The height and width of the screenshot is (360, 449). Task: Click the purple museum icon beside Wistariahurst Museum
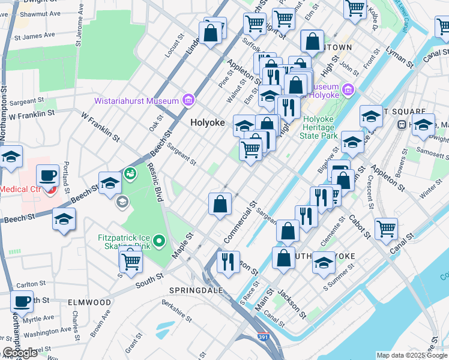188,100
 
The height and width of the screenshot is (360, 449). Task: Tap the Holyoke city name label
207,122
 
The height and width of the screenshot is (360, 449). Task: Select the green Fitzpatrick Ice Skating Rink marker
159,241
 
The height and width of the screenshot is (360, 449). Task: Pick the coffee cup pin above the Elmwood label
22,302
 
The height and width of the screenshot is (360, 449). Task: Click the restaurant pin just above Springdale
228,262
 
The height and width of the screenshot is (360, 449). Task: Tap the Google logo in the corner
20,353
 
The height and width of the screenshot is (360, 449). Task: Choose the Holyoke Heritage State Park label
319,128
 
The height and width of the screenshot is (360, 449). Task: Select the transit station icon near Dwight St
402,124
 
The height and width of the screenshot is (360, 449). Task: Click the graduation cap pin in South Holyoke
324,263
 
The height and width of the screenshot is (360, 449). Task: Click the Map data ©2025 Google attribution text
412,355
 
